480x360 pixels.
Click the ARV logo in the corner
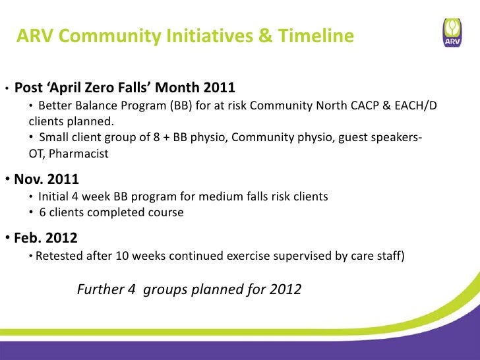[452, 32]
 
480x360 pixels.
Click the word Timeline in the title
[316, 36]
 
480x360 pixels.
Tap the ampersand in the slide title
[265, 36]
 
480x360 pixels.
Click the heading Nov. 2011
[47, 179]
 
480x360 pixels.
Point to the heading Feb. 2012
[45, 238]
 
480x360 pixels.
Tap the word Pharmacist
[78, 154]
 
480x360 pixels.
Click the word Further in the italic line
[100, 289]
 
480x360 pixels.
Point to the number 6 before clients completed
[43, 212]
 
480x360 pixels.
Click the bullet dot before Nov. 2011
[8, 179]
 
